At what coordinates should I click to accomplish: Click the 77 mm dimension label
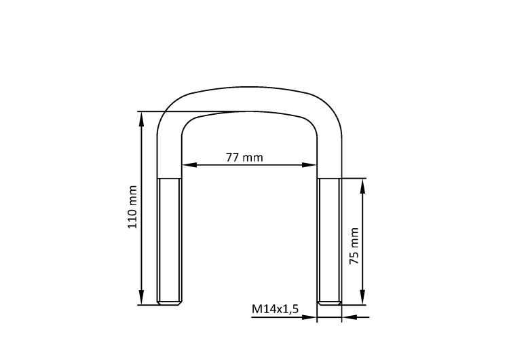[244, 158]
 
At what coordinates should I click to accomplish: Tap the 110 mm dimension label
[132, 207]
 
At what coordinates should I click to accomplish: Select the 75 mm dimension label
[354, 246]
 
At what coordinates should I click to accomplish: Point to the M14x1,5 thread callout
[275, 309]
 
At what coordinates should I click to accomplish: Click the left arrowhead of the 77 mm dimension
[189, 165]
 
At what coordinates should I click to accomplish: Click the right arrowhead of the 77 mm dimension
[309, 165]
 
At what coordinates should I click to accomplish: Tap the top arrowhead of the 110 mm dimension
[141, 119]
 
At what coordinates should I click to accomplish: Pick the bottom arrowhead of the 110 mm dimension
[141, 298]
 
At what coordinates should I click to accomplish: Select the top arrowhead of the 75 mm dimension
[363, 186]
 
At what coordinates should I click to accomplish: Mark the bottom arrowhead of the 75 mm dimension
[363, 298]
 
